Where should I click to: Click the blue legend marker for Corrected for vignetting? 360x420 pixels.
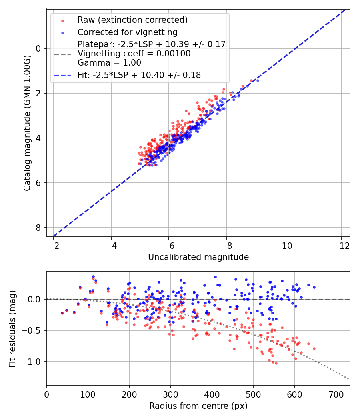62,32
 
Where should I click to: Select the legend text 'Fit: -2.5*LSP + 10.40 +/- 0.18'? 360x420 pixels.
139,75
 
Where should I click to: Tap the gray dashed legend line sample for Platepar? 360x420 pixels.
62,54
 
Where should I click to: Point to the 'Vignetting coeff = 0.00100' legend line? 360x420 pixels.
134,54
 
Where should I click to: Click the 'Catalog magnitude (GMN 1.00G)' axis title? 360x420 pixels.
27,123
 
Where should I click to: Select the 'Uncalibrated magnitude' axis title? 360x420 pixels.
198,257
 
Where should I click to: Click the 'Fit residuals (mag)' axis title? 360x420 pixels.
12,329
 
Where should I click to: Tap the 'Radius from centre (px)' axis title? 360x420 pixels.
198,406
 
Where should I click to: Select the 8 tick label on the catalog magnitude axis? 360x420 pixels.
38,228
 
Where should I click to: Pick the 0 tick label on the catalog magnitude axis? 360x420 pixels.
38,49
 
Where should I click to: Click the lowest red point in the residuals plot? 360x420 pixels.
276,363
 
